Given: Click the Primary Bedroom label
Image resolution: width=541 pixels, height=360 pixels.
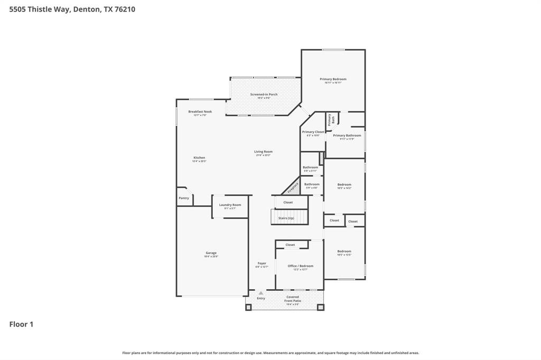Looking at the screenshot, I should [x=333, y=79].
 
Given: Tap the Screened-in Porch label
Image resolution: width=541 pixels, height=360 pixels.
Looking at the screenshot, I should [x=264, y=94].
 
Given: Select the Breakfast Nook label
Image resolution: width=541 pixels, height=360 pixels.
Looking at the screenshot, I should [x=200, y=111].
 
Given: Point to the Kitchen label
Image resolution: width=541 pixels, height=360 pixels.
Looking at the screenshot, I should [x=199, y=157].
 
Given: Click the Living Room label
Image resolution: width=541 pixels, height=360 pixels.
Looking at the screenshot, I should [x=263, y=151].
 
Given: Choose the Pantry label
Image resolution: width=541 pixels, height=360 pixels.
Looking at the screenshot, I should [x=184, y=198].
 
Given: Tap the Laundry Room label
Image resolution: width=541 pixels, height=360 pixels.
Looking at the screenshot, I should [x=230, y=205].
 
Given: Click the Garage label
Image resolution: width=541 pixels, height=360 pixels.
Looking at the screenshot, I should [x=211, y=253].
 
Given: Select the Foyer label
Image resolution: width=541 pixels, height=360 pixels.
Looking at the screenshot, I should [x=262, y=263].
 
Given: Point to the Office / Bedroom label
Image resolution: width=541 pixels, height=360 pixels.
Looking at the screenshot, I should [x=301, y=266].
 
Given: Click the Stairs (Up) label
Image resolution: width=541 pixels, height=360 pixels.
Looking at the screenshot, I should [x=286, y=218].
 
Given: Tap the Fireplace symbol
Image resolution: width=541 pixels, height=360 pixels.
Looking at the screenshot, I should [x=292, y=187].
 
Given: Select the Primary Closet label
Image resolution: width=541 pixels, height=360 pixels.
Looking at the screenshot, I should [x=313, y=132].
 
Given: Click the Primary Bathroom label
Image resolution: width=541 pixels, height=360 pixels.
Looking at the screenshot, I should [x=347, y=136].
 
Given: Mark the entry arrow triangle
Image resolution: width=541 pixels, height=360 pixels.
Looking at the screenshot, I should [x=260, y=293].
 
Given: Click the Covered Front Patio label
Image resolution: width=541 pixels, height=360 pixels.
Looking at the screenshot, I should [x=293, y=299].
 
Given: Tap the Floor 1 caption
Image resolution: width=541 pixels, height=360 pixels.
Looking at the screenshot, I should [x=21, y=325].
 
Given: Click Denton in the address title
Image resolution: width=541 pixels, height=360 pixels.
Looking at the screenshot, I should [x=87, y=9].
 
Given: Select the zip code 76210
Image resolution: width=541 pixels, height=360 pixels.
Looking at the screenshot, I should [x=125, y=9].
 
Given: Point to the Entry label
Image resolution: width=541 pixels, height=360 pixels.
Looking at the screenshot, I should [x=261, y=298].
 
